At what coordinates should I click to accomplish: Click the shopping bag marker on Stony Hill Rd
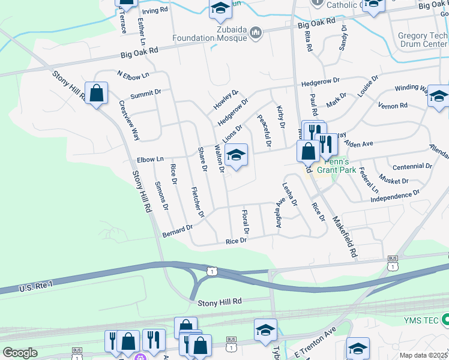96,93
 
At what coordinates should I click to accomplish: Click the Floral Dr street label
244,222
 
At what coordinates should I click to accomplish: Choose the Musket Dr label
394,180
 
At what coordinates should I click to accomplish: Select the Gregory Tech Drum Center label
422,40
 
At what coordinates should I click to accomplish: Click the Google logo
20,353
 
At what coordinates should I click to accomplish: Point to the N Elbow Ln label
133,76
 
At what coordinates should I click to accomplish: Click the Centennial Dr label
411,166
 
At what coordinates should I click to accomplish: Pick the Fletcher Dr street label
197,202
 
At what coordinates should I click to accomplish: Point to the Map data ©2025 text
424,355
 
